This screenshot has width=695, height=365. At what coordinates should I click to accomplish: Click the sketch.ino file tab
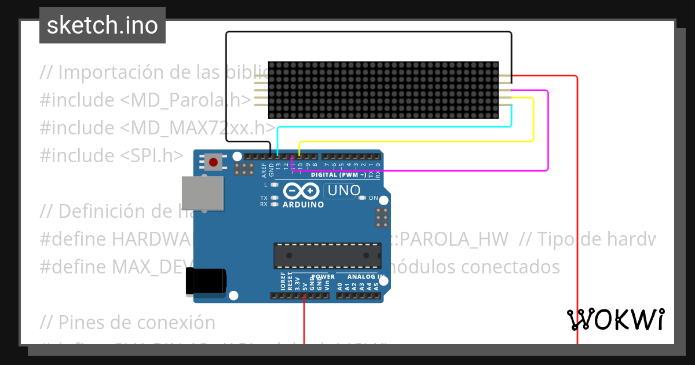103,25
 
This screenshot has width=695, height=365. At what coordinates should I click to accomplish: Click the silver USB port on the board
202,193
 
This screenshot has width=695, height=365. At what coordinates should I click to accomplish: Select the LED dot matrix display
383,90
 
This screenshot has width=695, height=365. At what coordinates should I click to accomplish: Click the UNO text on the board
343,190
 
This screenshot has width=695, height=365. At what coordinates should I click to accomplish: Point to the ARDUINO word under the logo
303,205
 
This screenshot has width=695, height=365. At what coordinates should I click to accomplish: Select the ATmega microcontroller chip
327,256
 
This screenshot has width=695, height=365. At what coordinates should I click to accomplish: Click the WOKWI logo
615,319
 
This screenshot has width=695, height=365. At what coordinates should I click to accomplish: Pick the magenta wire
547,133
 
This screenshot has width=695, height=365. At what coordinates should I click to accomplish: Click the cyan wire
394,126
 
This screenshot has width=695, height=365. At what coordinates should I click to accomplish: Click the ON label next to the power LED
373,198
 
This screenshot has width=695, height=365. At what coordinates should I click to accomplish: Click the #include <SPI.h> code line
111,155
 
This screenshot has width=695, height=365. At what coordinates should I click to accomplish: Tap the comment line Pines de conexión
127,322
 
